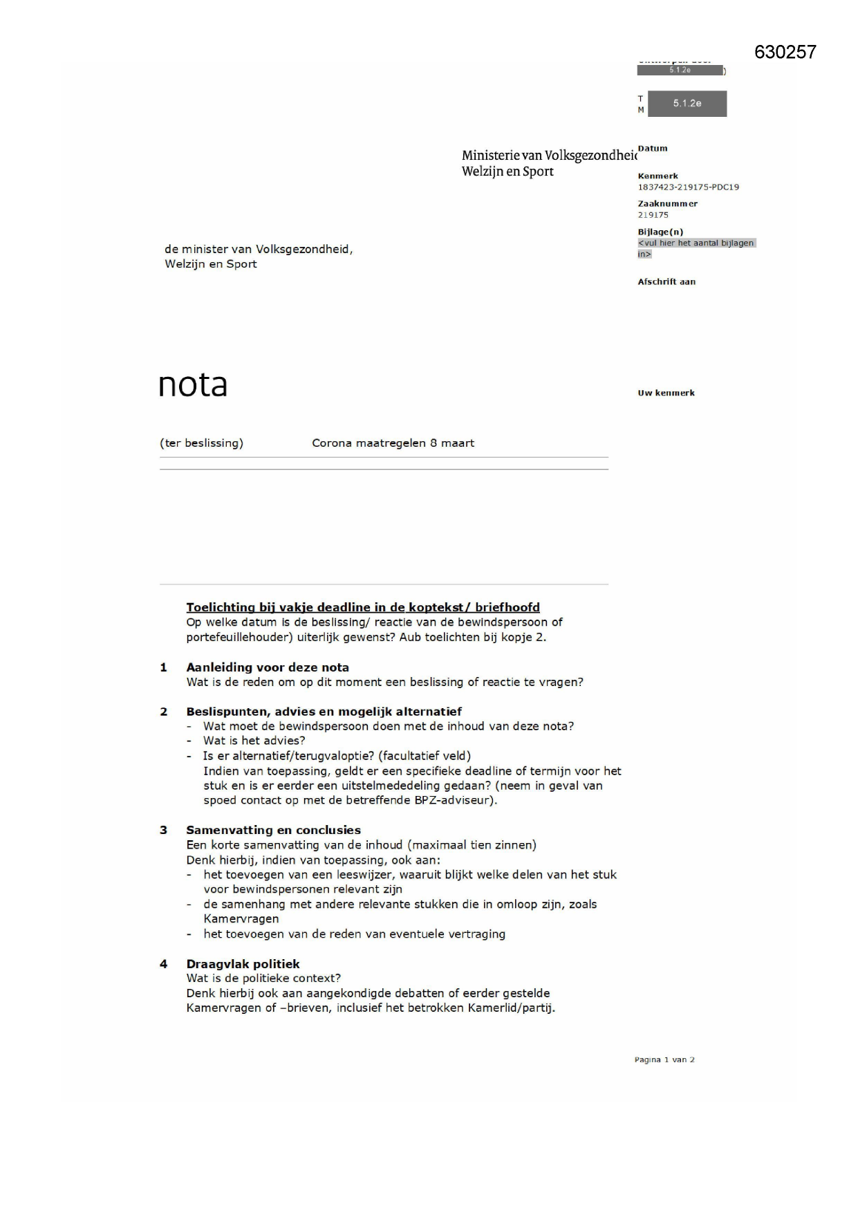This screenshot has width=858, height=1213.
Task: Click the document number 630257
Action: pos(785,53)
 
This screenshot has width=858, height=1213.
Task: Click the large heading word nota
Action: pos(193,385)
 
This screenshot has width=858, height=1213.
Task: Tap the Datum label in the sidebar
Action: pos(653,148)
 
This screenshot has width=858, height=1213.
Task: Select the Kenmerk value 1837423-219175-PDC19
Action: pos(688,187)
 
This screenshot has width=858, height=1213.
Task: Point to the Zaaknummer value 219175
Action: pos(653,214)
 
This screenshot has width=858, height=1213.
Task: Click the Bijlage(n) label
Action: pos(660,232)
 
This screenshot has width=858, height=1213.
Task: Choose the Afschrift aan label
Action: pos(666,281)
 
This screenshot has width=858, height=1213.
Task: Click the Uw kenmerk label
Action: pos(666,393)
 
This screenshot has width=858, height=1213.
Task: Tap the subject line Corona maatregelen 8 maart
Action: pos(393,443)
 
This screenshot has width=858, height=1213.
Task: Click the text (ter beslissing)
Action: pos(201,443)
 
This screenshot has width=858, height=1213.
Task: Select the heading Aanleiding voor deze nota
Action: pos(267,667)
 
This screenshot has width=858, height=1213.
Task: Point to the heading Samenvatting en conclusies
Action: pos(273,830)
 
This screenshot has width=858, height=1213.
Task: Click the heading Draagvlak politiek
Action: pos(243,963)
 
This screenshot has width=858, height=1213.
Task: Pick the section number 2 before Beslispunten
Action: pos(164,712)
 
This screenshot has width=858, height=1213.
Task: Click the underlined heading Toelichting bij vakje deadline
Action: pos(362,607)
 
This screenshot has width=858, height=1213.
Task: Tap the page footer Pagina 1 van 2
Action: pos(664,1059)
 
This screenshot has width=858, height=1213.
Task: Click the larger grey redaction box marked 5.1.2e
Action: pos(687,104)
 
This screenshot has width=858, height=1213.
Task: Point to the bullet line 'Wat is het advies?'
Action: pos(254,741)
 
